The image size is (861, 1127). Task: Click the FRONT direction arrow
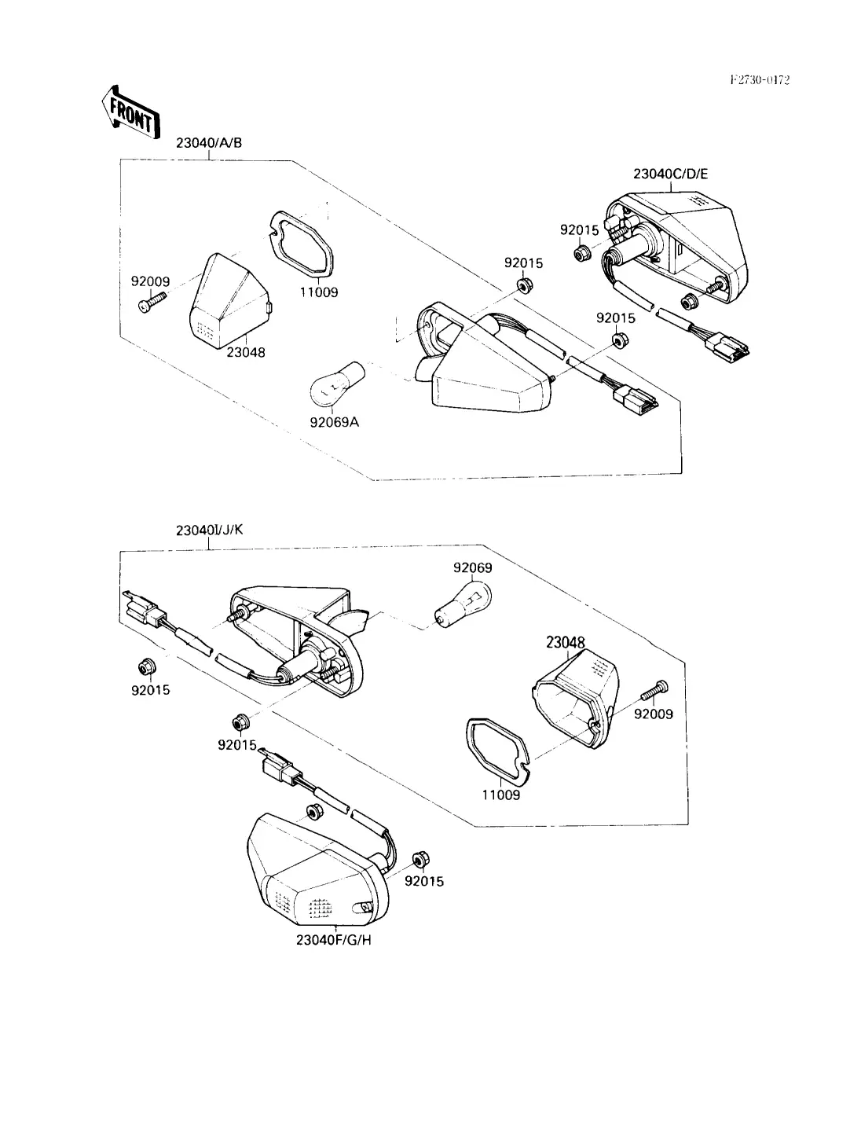click(130, 112)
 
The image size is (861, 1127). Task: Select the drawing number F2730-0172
click(760, 79)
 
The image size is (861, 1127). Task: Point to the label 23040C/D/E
click(671, 174)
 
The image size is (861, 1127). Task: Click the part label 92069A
click(334, 422)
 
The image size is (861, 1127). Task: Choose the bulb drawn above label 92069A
click(335, 382)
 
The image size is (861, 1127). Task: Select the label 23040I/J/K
click(210, 530)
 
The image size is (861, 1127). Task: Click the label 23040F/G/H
click(333, 941)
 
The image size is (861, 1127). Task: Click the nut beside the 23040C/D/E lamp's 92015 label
click(584, 253)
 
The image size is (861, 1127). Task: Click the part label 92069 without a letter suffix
click(472, 567)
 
